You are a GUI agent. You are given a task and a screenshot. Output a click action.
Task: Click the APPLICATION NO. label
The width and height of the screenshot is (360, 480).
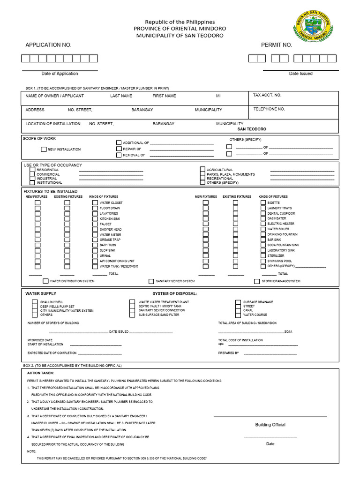pyautogui.click(x=48, y=45)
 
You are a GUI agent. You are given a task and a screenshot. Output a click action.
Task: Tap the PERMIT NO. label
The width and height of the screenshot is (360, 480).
pyautogui.click(x=277, y=45)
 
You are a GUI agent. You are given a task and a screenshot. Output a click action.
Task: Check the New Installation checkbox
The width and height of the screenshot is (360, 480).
pyautogui.click(x=44, y=149)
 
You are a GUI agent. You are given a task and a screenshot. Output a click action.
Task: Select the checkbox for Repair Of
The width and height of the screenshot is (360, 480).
pyautogui.click(x=119, y=149)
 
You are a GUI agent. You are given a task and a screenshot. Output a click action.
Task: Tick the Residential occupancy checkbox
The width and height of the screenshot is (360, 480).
pyautogui.click(x=32, y=170)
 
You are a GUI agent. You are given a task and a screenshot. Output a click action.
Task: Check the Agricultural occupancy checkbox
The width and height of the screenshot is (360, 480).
pyautogui.click(x=202, y=170)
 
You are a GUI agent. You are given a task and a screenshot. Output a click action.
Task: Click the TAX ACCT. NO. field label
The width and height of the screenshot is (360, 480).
pyautogui.click(x=267, y=95)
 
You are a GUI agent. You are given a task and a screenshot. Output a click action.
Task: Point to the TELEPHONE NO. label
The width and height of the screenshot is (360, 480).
pyautogui.click(x=269, y=109)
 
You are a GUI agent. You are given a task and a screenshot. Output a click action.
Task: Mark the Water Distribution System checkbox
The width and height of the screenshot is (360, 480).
pyautogui.click(x=45, y=281)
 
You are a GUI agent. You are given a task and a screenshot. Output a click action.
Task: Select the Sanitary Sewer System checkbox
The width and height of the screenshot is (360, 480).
pyautogui.click(x=151, y=281)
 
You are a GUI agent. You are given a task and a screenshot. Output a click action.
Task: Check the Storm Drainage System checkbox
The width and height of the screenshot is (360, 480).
pyautogui.click(x=257, y=281)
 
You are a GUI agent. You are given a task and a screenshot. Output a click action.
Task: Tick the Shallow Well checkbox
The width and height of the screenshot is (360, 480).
pyautogui.click(x=35, y=302)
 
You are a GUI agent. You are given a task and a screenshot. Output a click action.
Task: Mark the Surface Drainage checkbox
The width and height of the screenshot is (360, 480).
pyautogui.click(x=238, y=302)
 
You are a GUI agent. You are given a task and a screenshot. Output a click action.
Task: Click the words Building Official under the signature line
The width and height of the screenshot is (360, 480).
pyautogui.click(x=270, y=425)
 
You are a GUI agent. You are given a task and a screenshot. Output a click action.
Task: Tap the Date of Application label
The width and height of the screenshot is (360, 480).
pyautogui.click(x=60, y=74)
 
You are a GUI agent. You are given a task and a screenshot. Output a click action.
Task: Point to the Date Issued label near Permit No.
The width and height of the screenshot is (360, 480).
pyautogui.click(x=300, y=74)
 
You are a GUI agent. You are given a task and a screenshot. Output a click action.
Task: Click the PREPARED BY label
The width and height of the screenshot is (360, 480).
pyautogui.click(x=228, y=353)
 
